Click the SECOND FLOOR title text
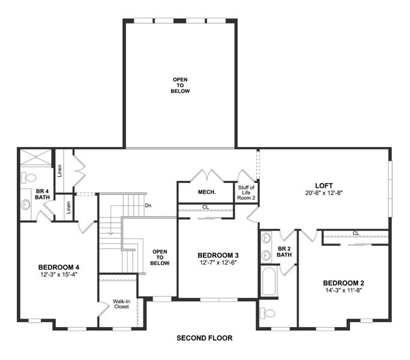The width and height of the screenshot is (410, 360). pyautogui.click(x=204, y=338)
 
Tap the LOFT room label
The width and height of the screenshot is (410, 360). pyautogui.click(x=324, y=185)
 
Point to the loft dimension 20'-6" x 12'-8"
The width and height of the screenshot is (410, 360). pyautogui.click(x=324, y=193)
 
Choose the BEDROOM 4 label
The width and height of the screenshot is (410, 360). pyautogui.click(x=59, y=267)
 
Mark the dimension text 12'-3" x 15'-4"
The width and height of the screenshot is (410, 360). pyautogui.click(x=59, y=275)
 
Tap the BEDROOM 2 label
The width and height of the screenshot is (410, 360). pyautogui.click(x=343, y=283)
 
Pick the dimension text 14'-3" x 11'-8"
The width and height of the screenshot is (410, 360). pyautogui.click(x=343, y=291)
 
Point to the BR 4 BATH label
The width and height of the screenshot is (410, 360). pyautogui.click(x=25, y=194)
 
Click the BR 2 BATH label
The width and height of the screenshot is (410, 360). pyautogui.click(x=285, y=251)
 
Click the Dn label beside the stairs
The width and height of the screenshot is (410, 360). pyautogui.click(x=148, y=205)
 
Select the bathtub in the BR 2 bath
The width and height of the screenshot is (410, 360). pyautogui.click(x=268, y=281)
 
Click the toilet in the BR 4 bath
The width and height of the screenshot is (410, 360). pyautogui.click(x=30, y=178)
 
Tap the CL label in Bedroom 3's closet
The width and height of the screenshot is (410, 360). pyautogui.click(x=205, y=208)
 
